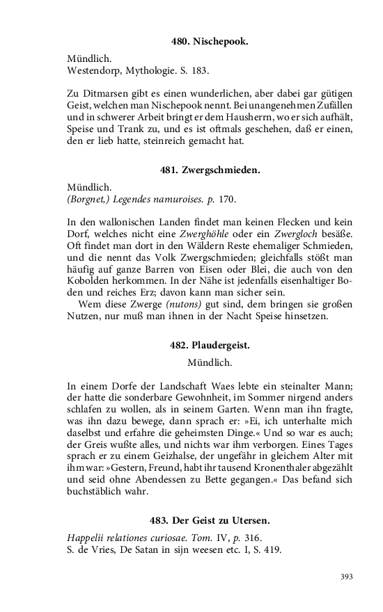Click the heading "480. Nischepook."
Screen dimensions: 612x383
210,42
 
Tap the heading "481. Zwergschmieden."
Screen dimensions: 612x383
210,170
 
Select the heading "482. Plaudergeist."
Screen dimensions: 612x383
210,345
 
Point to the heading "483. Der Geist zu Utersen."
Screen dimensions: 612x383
210,520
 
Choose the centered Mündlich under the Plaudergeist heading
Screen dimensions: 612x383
210,362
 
